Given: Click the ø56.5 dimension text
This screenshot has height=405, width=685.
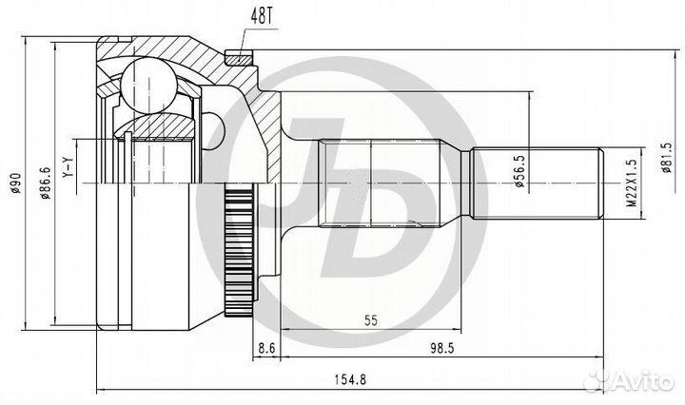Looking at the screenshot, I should [x=520, y=172].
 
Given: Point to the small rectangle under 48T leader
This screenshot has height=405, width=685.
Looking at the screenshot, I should [x=240, y=56].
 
